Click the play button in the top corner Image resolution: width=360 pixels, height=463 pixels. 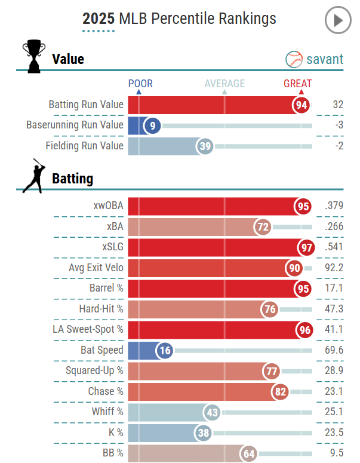click(338, 21)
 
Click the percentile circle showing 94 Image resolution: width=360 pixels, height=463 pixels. click(301, 105)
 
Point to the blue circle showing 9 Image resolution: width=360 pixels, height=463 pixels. click(152, 125)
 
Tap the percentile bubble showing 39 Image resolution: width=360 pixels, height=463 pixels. click(205, 146)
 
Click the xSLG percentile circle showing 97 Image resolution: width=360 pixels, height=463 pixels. click(305, 247)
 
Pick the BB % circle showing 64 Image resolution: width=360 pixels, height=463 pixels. click(249, 453)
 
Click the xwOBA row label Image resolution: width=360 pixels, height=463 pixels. click(108, 206)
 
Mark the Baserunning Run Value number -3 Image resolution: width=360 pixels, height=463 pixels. click(338, 125)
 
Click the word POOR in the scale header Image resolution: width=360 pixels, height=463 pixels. click(141, 84)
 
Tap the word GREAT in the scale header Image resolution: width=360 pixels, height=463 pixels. click(297, 84)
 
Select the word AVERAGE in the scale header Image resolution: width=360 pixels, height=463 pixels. click(224, 84)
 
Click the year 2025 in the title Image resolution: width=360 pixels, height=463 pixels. click(99, 19)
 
